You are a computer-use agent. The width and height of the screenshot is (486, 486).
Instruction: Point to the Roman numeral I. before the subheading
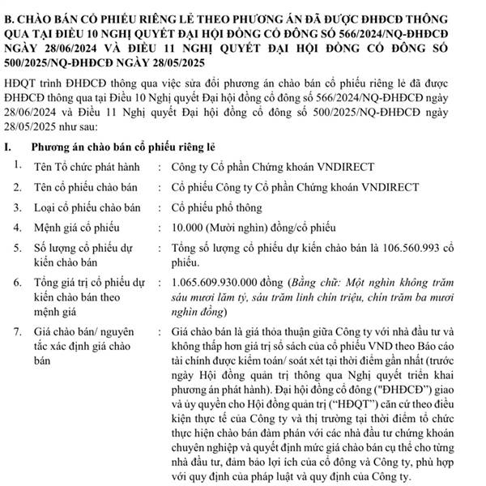pos(9,147)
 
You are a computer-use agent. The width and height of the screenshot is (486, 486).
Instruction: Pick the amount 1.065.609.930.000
pos(220,283)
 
